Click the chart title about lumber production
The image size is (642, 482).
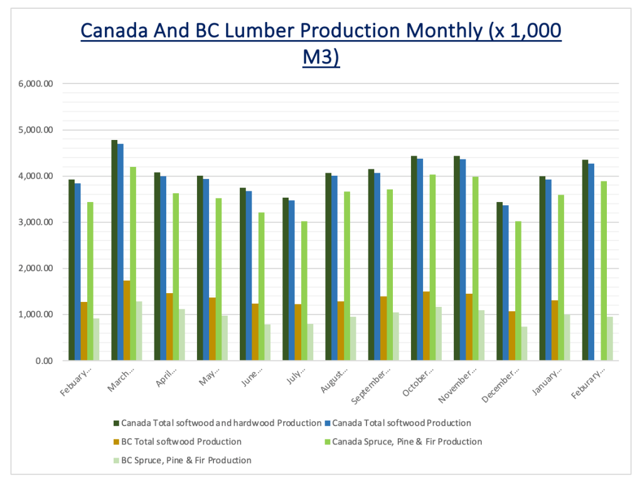pyautogui.click(x=321, y=44)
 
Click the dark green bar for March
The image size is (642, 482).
pyautogui.click(x=114, y=250)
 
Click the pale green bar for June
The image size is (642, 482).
pyautogui.click(x=267, y=343)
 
